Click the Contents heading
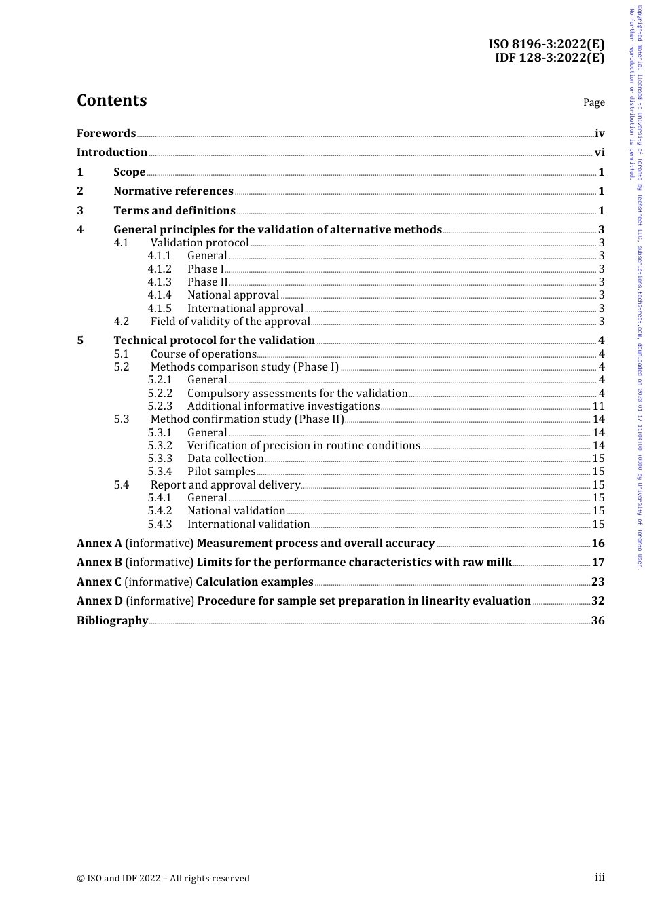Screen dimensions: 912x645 pyautogui.click(x=111, y=100)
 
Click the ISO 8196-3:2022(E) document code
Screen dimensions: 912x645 pyautogui.click(x=546, y=45)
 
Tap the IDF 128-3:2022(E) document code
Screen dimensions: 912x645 pyautogui.click(x=549, y=58)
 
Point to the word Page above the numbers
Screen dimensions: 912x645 pyautogui.click(x=593, y=102)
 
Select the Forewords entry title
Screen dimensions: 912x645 pyautogui.click(x=106, y=134)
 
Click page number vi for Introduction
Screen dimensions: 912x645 pyautogui.click(x=600, y=153)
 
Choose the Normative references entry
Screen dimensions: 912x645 pyautogui.click(x=173, y=191)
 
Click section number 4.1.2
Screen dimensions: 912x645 pyautogui.click(x=160, y=269)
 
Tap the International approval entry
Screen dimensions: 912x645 pyautogui.click(x=245, y=308)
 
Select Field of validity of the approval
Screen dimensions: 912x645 pyautogui.click(x=230, y=322)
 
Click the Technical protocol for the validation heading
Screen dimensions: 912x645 pyautogui.click(x=214, y=341)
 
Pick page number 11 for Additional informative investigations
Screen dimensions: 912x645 pyautogui.click(x=598, y=406)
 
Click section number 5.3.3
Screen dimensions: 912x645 pyautogui.click(x=160, y=459)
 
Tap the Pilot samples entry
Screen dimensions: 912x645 pyautogui.click(x=221, y=472)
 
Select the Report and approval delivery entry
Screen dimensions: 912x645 pyautogui.click(x=225, y=485)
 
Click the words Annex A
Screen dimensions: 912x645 pyautogui.click(x=99, y=544)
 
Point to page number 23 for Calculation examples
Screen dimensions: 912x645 pyautogui.click(x=597, y=582)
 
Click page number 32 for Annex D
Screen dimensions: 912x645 pyautogui.click(x=597, y=601)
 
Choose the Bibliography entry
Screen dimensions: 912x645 pyautogui.click(x=112, y=621)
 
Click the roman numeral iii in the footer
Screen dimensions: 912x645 pyautogui.click(x=600, y=877)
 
